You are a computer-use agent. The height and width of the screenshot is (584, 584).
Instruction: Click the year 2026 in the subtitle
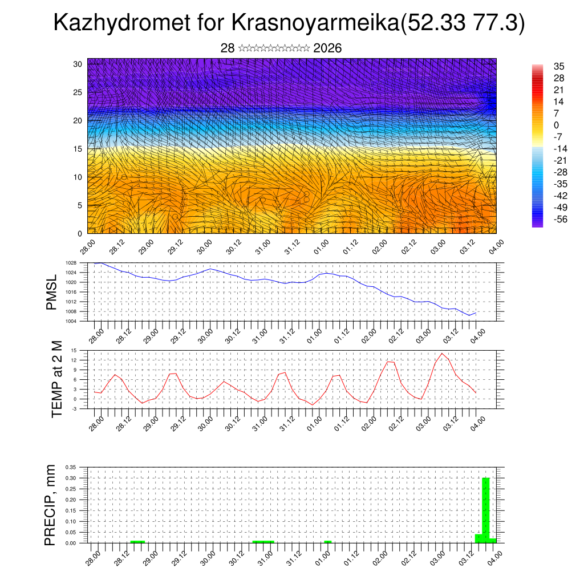[x=327, y=48]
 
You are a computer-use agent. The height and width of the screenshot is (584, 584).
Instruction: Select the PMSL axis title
[x=51, y=292]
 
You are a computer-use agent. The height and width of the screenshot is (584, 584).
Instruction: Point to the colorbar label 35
[x=559, y=66]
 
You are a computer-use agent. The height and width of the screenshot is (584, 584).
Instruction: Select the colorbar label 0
[x=556, y=125]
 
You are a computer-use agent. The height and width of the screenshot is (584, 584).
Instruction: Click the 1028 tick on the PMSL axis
[x=71, y=263]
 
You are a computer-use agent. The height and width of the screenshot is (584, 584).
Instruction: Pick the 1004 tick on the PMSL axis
[x=71, y=321]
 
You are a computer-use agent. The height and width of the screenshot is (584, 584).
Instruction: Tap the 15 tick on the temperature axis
[x=74, y=350]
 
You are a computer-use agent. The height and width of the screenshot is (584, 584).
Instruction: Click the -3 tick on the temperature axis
[x=74, y=408]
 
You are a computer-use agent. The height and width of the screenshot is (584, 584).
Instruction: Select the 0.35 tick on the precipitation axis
[x=70, y=467]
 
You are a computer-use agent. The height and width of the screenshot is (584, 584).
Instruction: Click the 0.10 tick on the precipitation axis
[x=70, y=521]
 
